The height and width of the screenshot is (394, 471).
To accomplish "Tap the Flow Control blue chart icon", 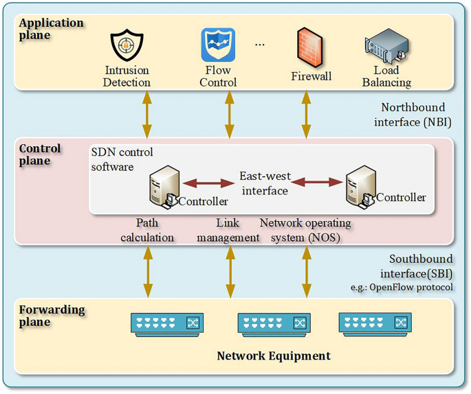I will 218,45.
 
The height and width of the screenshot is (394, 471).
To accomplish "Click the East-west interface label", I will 265,183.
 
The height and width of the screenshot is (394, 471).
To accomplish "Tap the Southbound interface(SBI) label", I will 421,266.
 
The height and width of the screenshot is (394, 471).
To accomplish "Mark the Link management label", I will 228,230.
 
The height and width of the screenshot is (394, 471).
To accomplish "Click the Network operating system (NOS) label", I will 305,230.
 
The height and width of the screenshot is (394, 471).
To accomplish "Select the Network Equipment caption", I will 274,356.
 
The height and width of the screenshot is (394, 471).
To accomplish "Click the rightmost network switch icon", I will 374,323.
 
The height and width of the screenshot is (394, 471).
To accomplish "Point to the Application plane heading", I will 51,29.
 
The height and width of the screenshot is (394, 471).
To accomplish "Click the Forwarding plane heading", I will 52,316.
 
